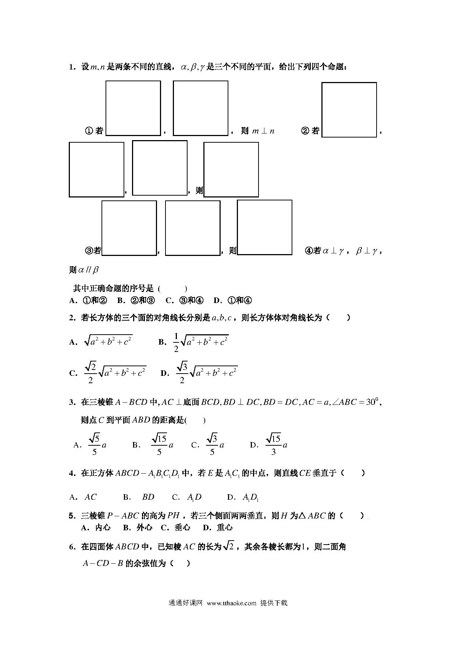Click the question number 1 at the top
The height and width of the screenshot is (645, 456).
tap(72, 67)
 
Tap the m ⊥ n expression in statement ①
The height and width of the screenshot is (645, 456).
tap(263, 131)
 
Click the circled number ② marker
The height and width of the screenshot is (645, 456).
tap(305, 131)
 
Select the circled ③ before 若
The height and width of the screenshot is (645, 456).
tap(89, 251)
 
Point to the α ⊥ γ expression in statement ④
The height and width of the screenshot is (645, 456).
tap(333, 251)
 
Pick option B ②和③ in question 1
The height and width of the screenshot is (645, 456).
tap(136, 300)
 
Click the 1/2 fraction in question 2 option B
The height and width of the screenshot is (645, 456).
tap(176, 342)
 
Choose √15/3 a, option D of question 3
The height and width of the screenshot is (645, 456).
tap(276, 445)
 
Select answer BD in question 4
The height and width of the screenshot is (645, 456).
tap(148, 497)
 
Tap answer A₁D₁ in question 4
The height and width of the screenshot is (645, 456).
tap(251, 498)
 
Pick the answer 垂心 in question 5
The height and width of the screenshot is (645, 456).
tap(182, 527)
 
